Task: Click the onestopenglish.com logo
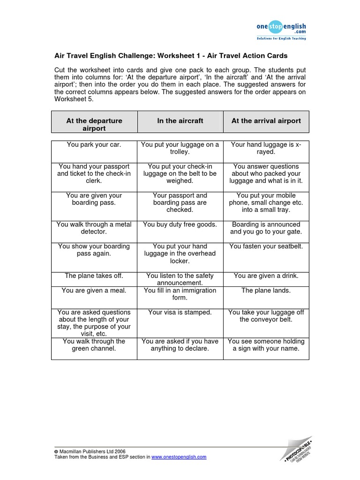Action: (281, 30)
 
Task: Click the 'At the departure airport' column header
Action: (94, 124)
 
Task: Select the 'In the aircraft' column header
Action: (180, 121)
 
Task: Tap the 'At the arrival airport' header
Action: (266, 121)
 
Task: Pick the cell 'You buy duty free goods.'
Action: (180, 225)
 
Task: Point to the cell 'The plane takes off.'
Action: (94, 276)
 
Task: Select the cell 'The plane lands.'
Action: (266, 291)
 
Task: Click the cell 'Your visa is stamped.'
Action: (180, 312)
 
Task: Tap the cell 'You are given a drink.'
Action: (266, 276)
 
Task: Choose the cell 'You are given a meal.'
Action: (94, 291)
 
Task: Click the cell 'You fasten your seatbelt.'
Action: (266, 247)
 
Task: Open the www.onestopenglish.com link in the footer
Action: (179, 457)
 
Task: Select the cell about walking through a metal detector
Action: (94, 228)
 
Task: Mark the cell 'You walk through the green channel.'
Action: (94, 345)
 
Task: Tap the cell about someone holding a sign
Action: (266, 345)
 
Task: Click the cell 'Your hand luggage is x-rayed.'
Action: (266, 149)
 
